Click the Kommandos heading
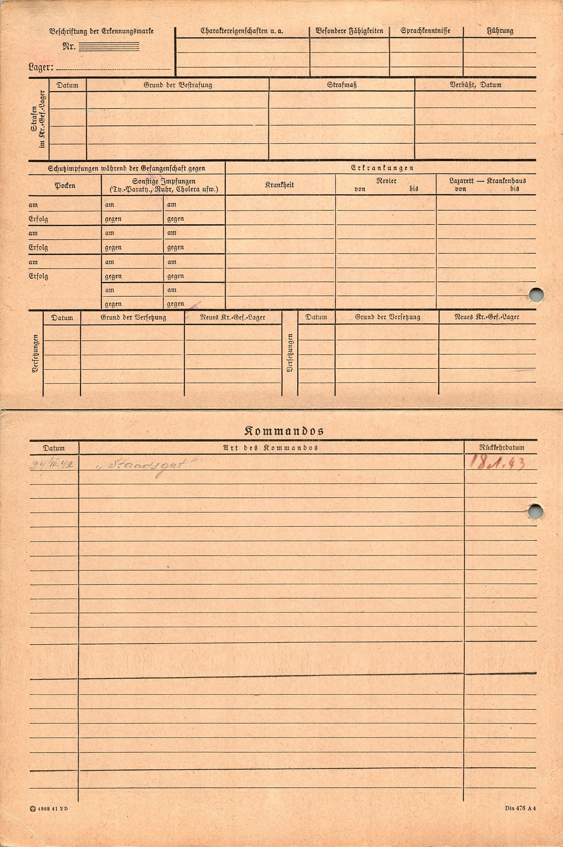(284, 431)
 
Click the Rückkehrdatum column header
(501, 448)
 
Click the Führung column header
(500, 31)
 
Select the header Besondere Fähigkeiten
(349, 31)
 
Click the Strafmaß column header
(341, 85)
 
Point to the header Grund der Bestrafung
(178, 85)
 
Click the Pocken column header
(65, 186)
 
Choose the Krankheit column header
(279, 185)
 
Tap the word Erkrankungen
(382, 168)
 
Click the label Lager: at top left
(41, 67)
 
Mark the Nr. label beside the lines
(69, 47)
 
